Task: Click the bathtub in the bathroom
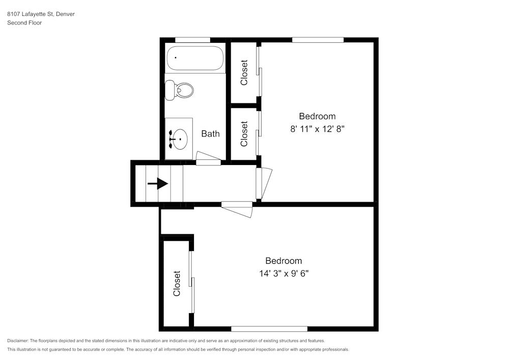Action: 194,59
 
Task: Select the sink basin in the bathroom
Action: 178,138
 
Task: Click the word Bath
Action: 210,134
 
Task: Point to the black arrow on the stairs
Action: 158,183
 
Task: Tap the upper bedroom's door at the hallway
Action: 264,183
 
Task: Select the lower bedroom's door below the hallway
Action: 238,209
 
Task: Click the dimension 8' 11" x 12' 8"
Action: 318,129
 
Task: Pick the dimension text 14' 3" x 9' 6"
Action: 284,273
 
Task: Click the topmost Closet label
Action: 244,72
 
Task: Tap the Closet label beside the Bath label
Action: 244,133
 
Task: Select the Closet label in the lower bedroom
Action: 177,283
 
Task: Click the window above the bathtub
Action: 192,40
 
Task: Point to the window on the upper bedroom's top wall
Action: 318,40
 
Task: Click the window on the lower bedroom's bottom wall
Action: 269,329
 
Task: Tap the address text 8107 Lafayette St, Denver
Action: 41,14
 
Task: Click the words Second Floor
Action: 24,23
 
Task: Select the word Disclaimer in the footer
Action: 18,341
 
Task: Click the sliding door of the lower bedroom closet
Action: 191,283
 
